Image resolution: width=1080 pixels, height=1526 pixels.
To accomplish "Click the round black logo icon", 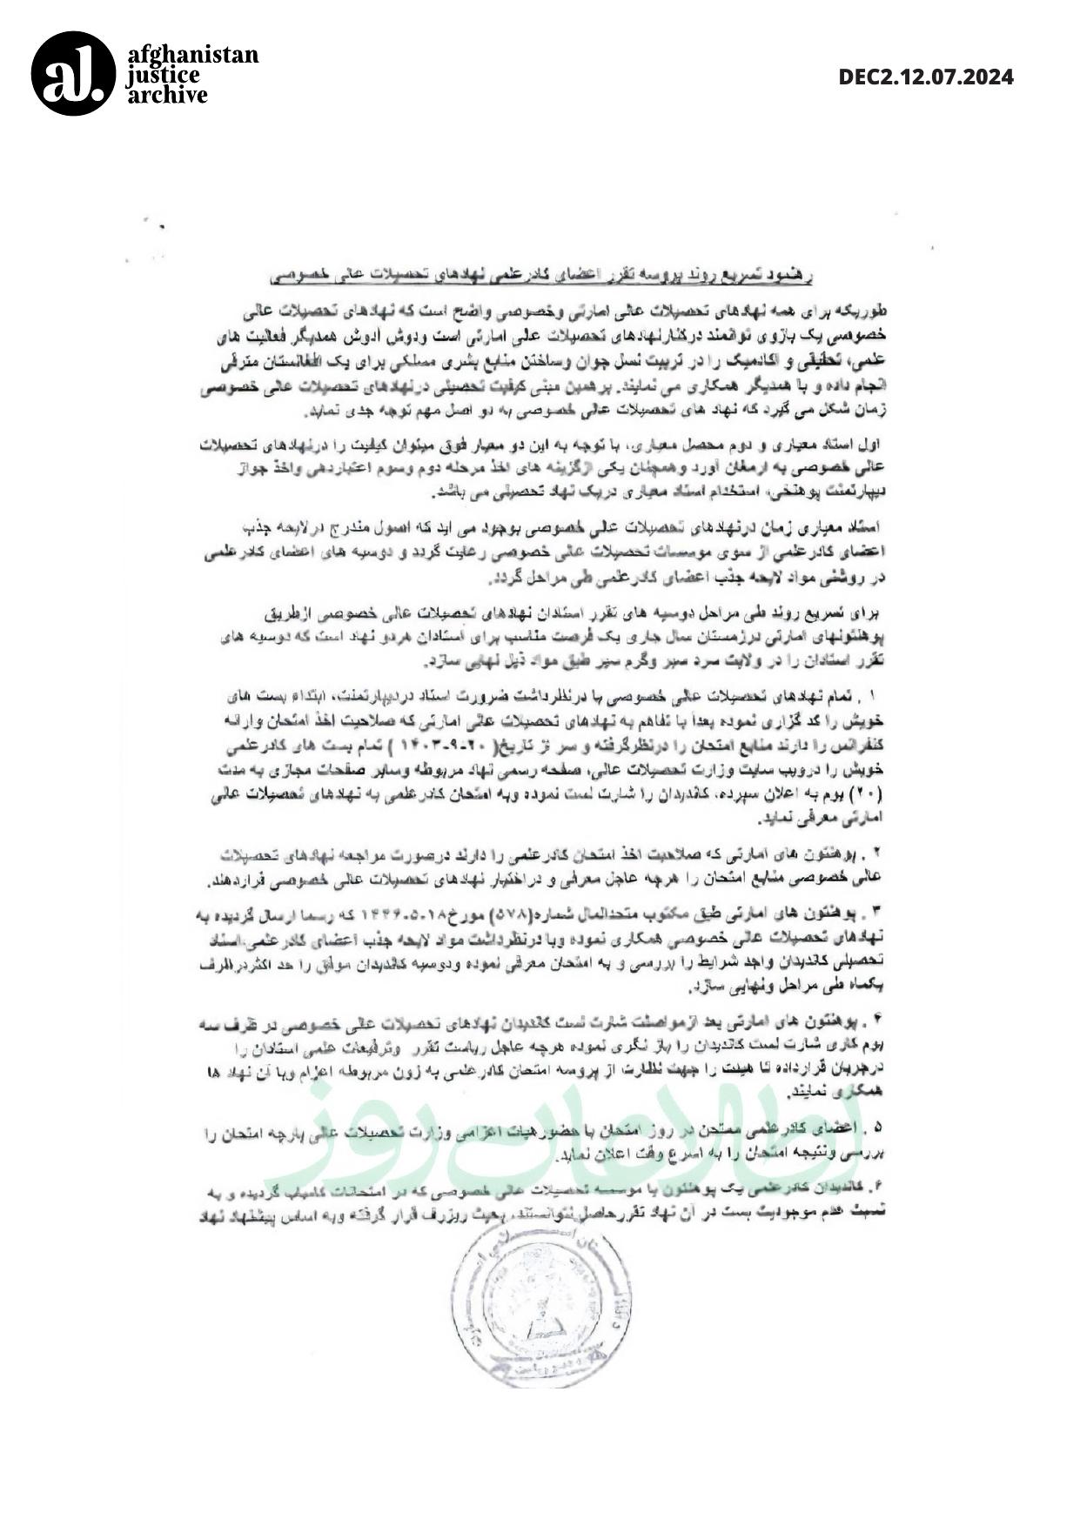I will (73, 74).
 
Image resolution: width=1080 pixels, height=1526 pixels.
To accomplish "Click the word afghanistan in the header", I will (193, 55).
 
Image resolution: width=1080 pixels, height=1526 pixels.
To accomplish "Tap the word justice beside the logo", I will (163, 75).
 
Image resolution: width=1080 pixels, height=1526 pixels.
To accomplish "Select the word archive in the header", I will (168, 95).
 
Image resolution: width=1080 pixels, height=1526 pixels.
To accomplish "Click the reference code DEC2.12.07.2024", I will (926, 77).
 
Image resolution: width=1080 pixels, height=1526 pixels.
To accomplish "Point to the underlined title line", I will (541, 275).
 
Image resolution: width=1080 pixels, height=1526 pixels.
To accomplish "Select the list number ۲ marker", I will (875, 850).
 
